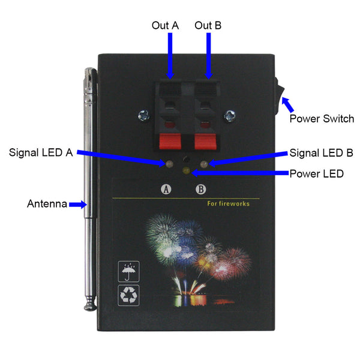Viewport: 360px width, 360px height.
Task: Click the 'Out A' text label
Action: pyautogui.click(x=166, y=25)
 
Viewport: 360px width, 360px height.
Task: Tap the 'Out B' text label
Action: pyautogui.click(x=208, y=25)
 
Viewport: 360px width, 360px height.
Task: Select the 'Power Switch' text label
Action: pyautogui.click(x=322, y=119)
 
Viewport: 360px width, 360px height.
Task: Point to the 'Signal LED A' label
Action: pyautogui.click(x=41, y=152)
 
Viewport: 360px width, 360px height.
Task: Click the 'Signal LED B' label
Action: pyautogui.click(x=322, y=153)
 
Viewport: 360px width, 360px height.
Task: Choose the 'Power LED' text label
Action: pyautogui.click(x=317, y=173)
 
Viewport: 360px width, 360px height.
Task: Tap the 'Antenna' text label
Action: pyautogui.click(x=47, y=203)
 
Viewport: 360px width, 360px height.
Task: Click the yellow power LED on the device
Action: pyautogui.click(x=186, y=170)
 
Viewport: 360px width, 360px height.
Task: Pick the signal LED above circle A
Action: pyautogui.click(x=169, y=164)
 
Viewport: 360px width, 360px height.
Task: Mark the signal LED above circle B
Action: pyautogui.click(x=204, y=164)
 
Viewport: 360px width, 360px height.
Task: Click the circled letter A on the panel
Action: pyautogui.click(x=166, y=190)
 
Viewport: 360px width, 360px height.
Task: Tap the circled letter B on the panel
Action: pyautogui.click(x=201, y=190)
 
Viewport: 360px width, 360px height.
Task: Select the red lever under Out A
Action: pyautogui.click(x=170, y=141)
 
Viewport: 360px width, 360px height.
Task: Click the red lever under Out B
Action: pyautogui.click(x=205, y=141)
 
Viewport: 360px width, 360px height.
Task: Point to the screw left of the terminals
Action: pyautogui.click(x=144, y=115)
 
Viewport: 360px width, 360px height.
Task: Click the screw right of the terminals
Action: pyautogui.click(x=230, y=115)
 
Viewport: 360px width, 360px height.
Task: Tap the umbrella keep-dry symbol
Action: pyautogui.click(x=128, y=271)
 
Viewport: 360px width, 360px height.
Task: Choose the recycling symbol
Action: pyautogui.click(x=128, y=295)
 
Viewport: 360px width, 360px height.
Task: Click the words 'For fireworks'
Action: pyautogui.click(x=228, y=203)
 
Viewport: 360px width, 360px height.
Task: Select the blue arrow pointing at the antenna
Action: pyautogui.click(x=78, y=205)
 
